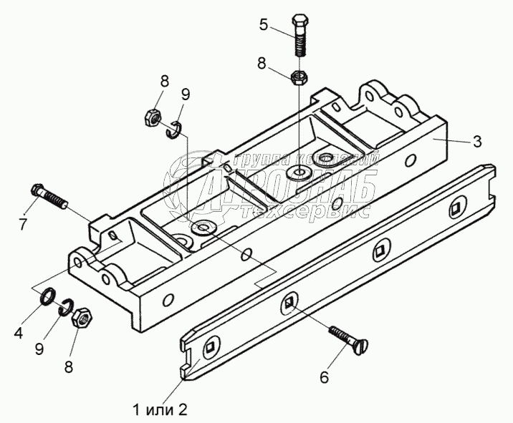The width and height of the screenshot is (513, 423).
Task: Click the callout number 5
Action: tap(264, 26)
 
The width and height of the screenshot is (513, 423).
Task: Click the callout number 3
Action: tap(476, 142)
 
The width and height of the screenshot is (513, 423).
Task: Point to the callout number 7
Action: tap(23, 224)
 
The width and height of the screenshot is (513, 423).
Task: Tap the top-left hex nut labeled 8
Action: tap(153, 115)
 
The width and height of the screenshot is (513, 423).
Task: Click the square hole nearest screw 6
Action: tap(289, 303)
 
